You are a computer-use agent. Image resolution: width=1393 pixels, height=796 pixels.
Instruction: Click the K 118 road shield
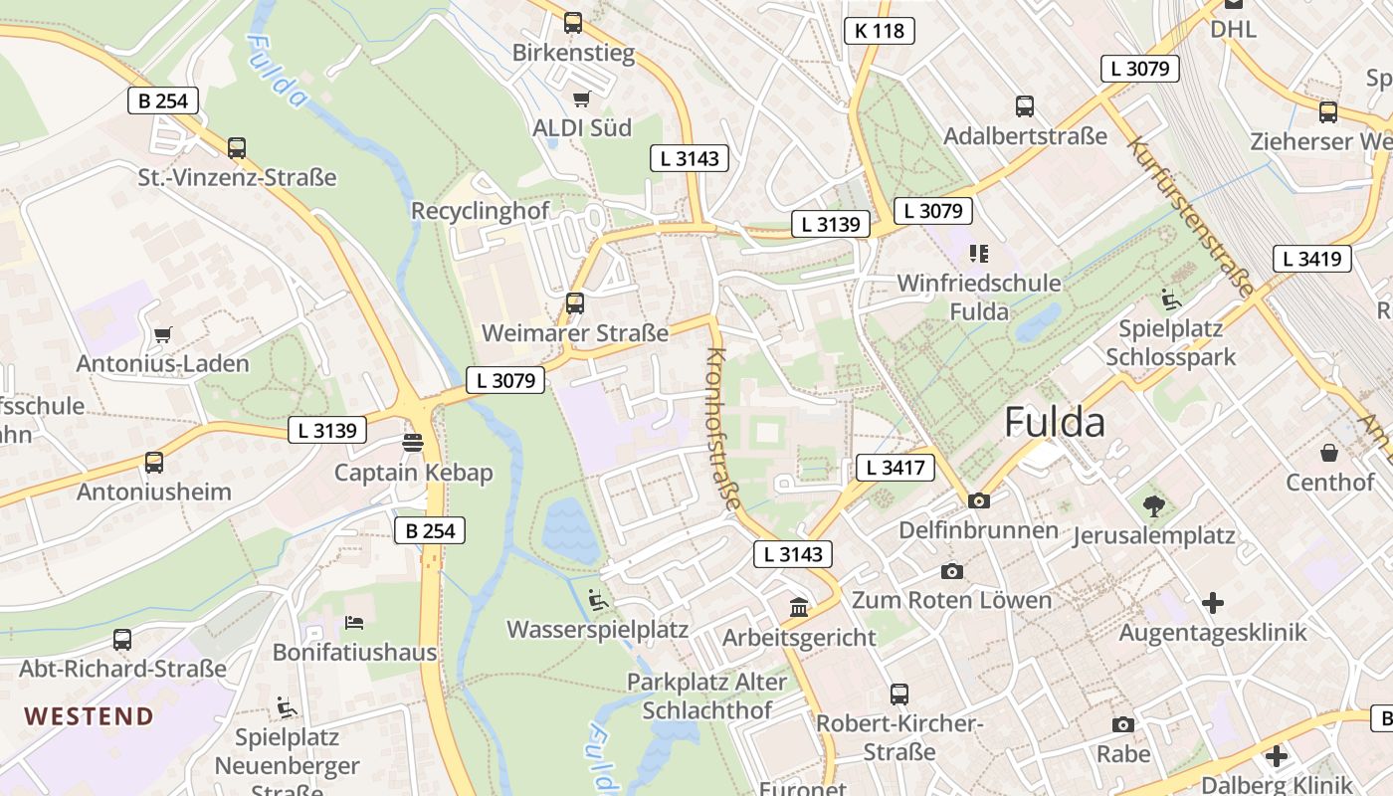click(880, 31)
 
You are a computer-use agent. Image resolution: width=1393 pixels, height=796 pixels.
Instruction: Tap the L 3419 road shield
click(1312, 259)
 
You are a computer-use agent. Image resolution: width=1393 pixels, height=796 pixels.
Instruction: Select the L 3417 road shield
click(895, 468)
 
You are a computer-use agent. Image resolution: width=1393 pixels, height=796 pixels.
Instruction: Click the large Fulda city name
click(1055, 423)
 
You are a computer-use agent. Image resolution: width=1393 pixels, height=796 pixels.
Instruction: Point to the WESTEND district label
click(90, 716)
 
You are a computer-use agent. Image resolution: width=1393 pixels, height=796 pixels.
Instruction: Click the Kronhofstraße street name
click(723, 429)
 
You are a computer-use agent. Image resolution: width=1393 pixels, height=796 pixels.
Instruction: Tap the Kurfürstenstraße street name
click(1190, 216)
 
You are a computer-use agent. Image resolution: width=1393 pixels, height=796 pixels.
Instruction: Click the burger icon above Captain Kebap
click(414, 442)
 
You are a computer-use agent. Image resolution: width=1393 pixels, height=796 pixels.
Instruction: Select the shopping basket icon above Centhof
click(1329, 454)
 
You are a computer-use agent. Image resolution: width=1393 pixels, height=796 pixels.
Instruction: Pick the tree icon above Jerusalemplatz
click(1154, 506)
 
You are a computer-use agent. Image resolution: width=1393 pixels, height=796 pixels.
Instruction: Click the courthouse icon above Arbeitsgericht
click(799, 607)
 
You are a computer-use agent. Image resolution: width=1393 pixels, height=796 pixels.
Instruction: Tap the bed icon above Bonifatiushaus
click(354, 623)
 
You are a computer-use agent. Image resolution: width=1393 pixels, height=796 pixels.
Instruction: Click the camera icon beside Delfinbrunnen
click(979, 500)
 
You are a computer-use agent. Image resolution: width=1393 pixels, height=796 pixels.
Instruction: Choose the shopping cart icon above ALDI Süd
click(582, 99)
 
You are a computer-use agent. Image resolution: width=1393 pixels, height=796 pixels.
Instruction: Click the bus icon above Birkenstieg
click(573, 22)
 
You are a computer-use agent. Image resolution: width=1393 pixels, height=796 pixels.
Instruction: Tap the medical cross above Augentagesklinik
click(1213, 602)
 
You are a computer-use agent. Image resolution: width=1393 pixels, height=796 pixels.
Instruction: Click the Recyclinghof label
click(480, 211)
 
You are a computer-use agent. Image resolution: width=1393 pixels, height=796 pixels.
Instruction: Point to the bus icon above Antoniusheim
click(154, 463)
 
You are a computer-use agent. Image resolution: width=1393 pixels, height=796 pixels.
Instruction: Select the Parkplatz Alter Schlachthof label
click(706, 696)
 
